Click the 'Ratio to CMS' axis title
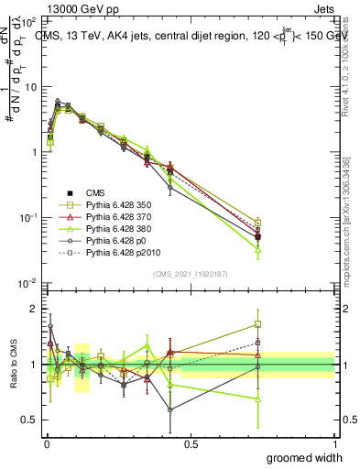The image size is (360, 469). click(x=13, y=365)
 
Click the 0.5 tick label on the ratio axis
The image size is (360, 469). click(x=31, y=420)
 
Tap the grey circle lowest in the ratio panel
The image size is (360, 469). click(x=170, y=409)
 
